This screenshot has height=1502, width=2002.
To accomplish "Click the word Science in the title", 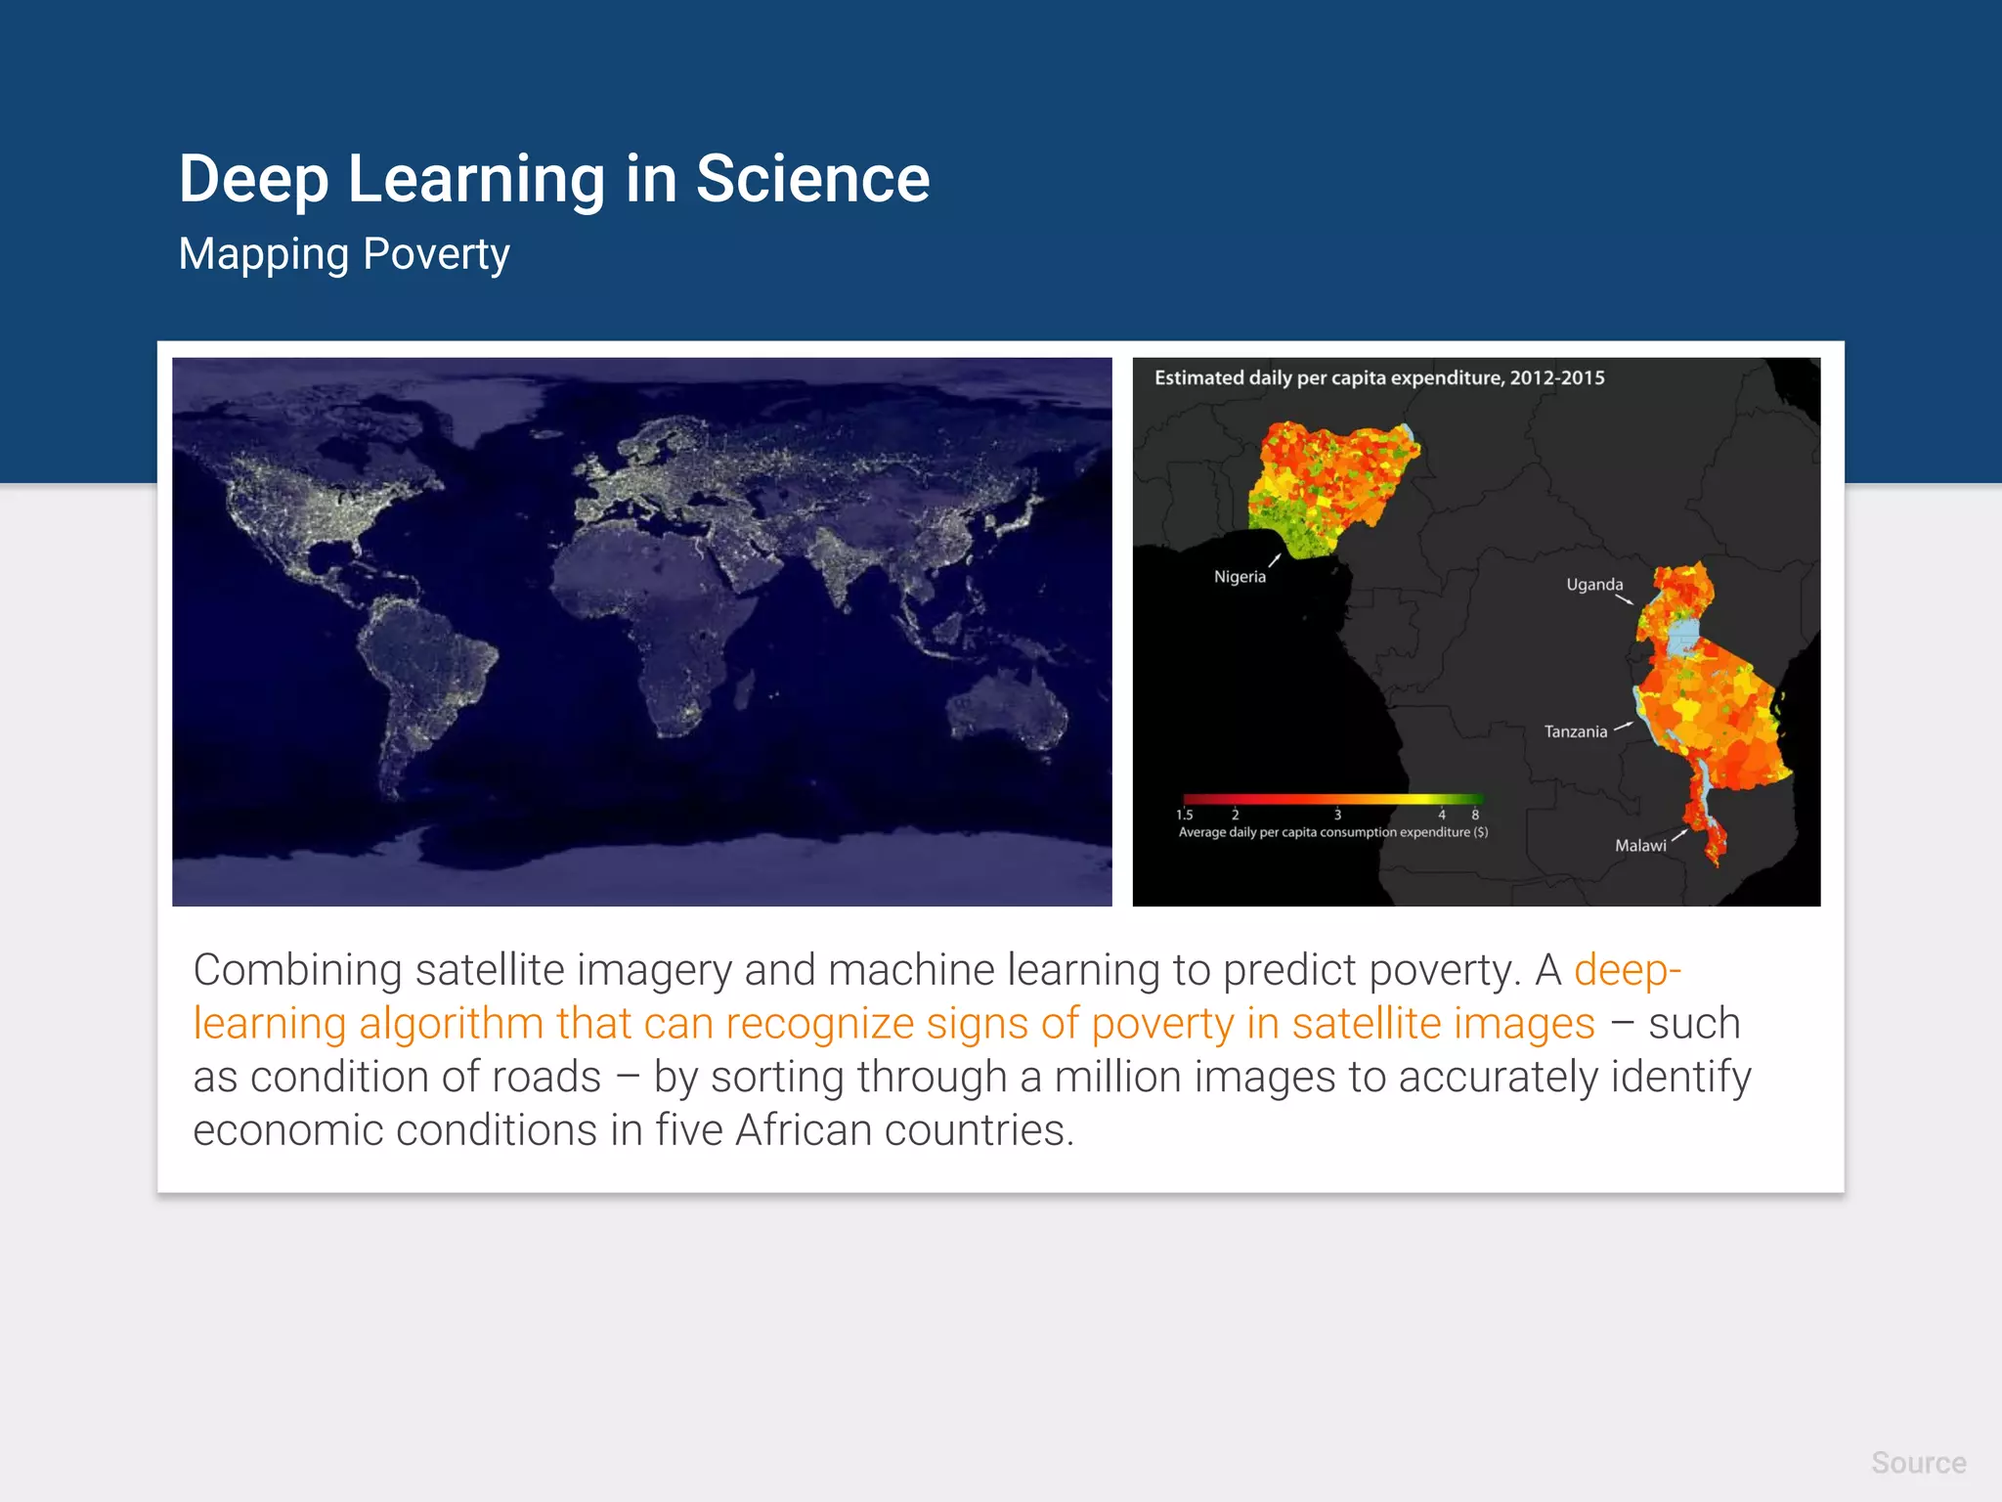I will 812,180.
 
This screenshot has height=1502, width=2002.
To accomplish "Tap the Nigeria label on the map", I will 1240,577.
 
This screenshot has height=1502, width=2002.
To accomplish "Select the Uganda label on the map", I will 1594,585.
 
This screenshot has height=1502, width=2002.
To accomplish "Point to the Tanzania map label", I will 1575,731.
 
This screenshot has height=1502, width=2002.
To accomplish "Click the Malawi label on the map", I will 1640,846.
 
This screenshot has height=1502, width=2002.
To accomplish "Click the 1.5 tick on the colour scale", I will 1184,815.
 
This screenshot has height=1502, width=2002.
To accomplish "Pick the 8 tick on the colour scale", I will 1475,815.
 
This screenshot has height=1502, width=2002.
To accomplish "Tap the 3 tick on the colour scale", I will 1337,815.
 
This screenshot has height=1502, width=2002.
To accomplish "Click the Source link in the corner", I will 1918,1463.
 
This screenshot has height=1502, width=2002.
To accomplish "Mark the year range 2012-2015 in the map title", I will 1557,378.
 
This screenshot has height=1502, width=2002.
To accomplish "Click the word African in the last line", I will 804,1131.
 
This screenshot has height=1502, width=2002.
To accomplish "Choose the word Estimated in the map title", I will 1199,378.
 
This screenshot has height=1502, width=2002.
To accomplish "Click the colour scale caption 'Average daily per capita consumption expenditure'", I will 1332,833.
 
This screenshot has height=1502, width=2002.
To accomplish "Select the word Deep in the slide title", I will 253,180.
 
